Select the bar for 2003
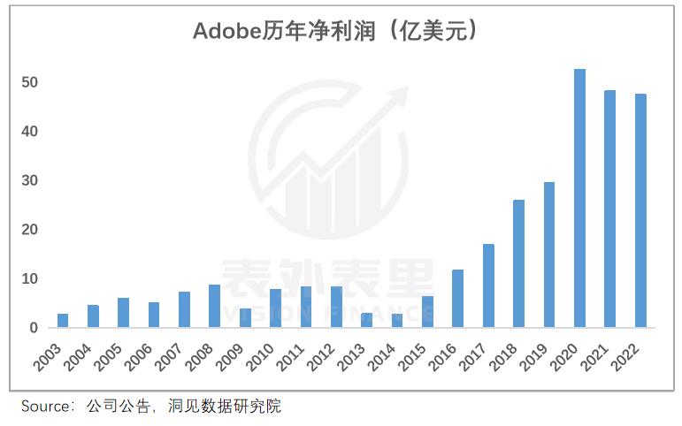[63, 320]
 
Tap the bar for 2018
[518, 263]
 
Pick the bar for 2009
[245, 318]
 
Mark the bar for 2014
[397, 320]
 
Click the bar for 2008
[214, 306]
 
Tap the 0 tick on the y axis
[34, 328]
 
